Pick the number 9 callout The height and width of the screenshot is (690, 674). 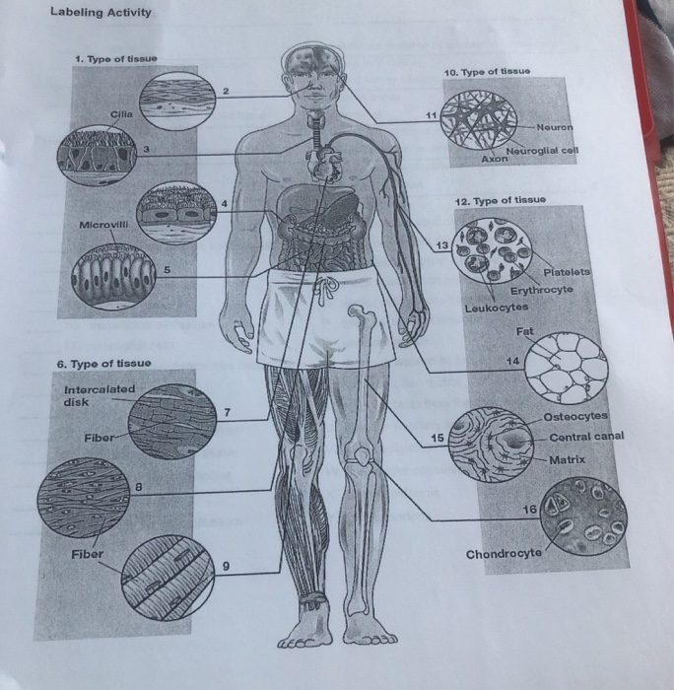point(226,566)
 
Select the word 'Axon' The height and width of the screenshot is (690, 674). point(494,158)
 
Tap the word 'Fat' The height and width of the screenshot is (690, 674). point(523,331)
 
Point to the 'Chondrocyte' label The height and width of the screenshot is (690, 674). point(503,552)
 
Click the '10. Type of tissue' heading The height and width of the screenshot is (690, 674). point(491,72)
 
